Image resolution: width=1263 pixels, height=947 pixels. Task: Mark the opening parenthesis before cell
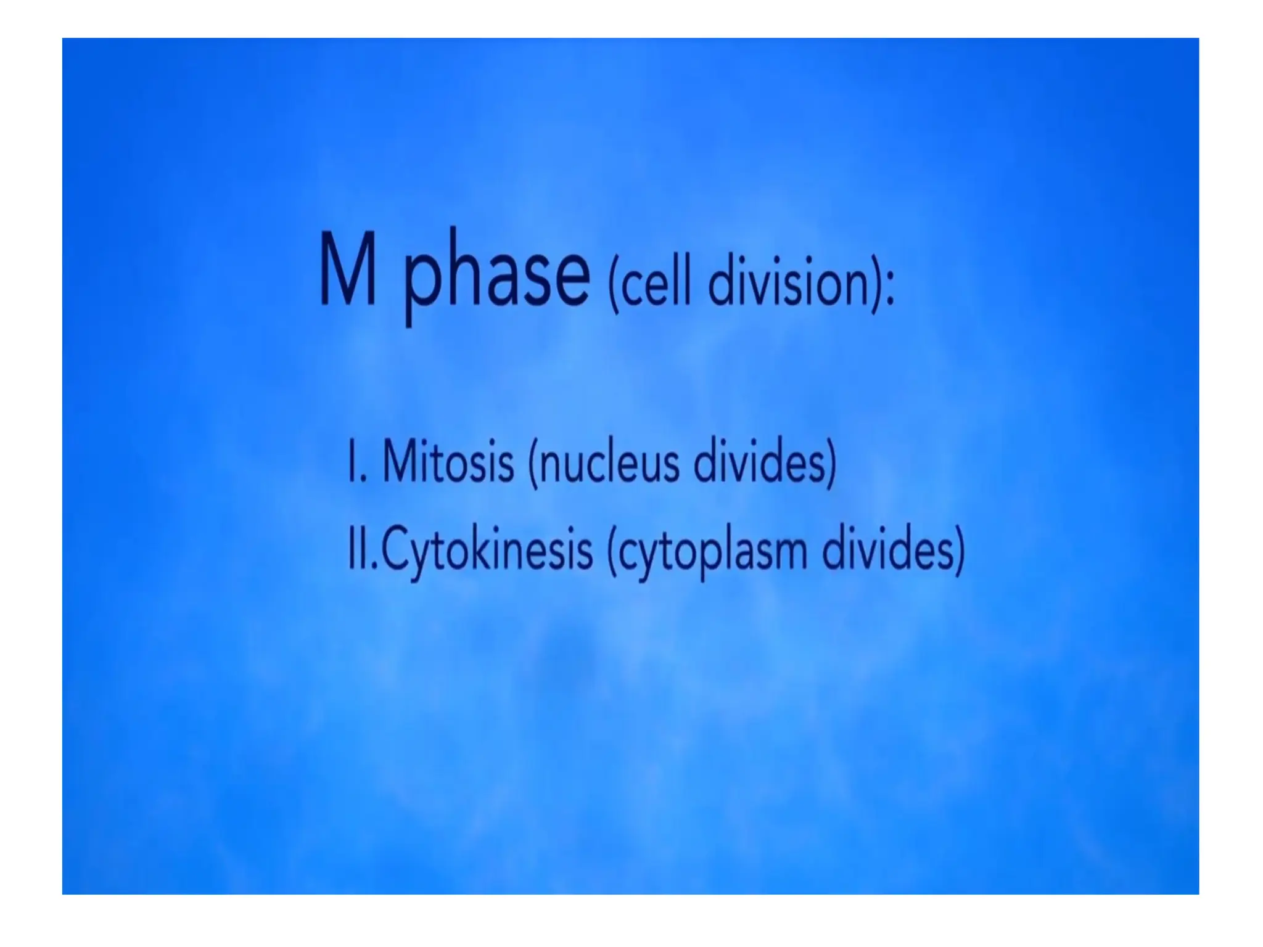pyautogui.click(x=613, y=285)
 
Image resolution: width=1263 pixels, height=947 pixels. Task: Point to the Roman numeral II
pyautogui.click(x=358, y=548)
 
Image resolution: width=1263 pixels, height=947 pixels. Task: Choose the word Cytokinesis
pyautogui.click(x=487, y=549)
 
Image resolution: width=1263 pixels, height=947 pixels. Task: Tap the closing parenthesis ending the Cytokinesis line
pyautogui.click(x=960, y=550)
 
